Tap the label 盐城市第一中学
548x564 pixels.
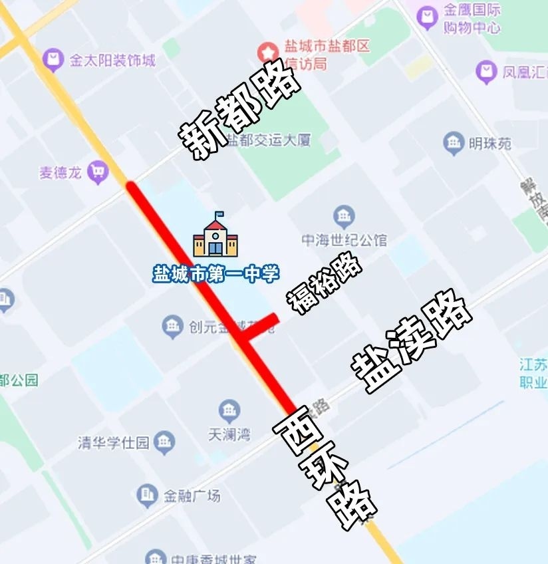pyautogui.click(x=216, y=274)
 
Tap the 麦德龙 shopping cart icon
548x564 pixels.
pyautogui.click(x=98, y=172)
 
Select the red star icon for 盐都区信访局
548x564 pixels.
pyautogui.click(x=268, y=51)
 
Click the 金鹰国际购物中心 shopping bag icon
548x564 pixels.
pyautogui.click(x=427, y=17)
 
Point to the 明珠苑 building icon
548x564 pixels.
pyautogui.click(x=454, y=142)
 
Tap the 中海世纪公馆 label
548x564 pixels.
pyautogui.click(x=344, y=240)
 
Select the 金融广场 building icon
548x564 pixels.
pyautogui.click(x=147, y=494)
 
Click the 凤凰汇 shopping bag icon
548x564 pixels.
pyautogui.click(x=487, y=70)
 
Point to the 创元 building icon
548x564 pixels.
pyautogui.click(x=172, y=326)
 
